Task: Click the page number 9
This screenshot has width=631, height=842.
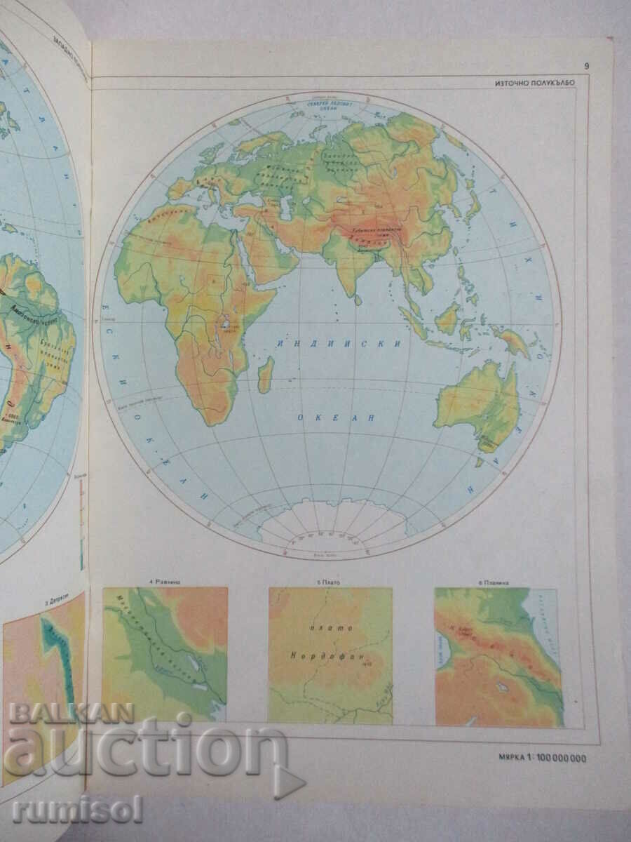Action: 585,67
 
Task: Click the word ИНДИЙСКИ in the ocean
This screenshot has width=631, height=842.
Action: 339,344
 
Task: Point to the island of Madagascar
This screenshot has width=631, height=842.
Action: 265,375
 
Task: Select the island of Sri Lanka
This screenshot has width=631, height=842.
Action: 358,300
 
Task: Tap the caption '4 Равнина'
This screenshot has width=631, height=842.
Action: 165,581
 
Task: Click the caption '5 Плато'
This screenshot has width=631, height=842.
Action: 330,581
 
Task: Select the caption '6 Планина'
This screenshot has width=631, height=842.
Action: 496,581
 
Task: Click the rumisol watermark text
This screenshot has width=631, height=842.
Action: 77,809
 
